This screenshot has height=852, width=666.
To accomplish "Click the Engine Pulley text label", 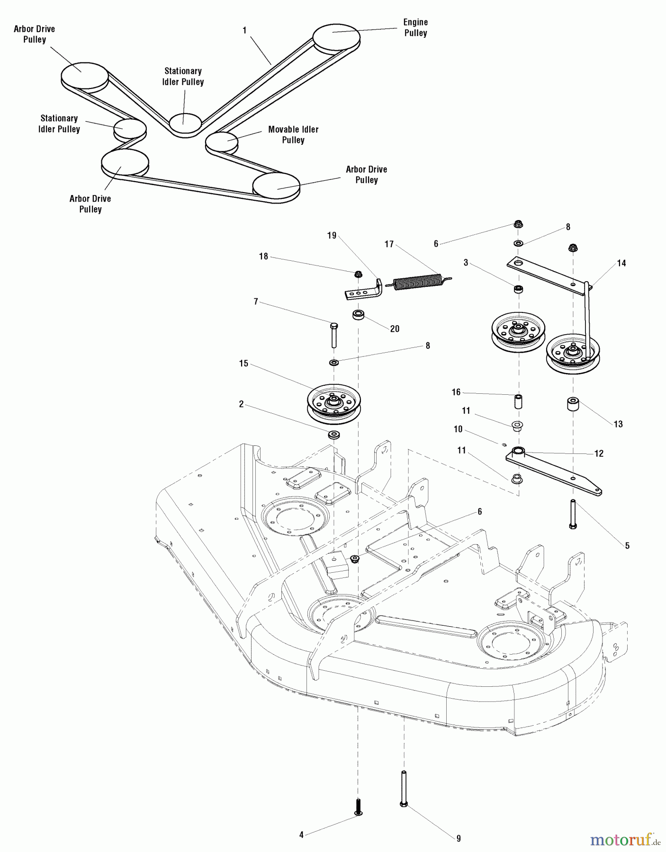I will [x=415, y=27].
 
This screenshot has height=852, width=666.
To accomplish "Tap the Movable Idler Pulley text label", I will [x=293, y=134].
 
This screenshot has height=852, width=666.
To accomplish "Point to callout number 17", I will [x=389, y=244].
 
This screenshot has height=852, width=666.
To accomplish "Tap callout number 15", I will [x=243, y=364].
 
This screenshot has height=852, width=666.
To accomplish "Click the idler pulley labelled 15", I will [x=334, y=402].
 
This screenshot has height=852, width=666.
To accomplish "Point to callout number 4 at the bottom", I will [x=301, y=835].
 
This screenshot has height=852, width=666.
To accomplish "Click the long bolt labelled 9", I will [x=404, y=788].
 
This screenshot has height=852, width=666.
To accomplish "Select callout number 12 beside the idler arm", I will [x=599, y=453].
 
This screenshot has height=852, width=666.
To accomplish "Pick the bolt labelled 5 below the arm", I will [x=573, y=515].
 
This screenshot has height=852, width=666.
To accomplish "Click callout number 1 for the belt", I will [x=244, y=30].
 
